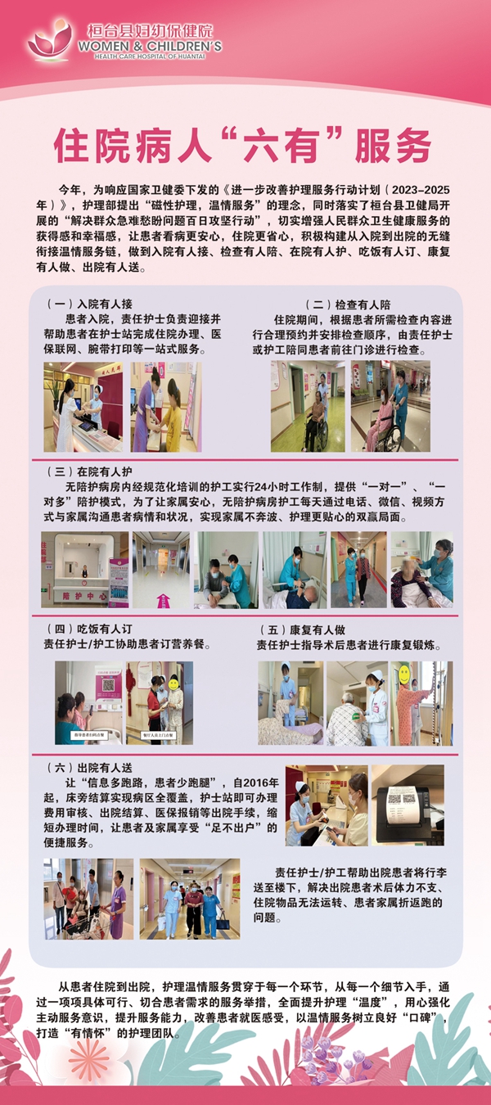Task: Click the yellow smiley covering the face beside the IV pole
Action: click(403, 674)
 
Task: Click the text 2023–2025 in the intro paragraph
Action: click(417, 187)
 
